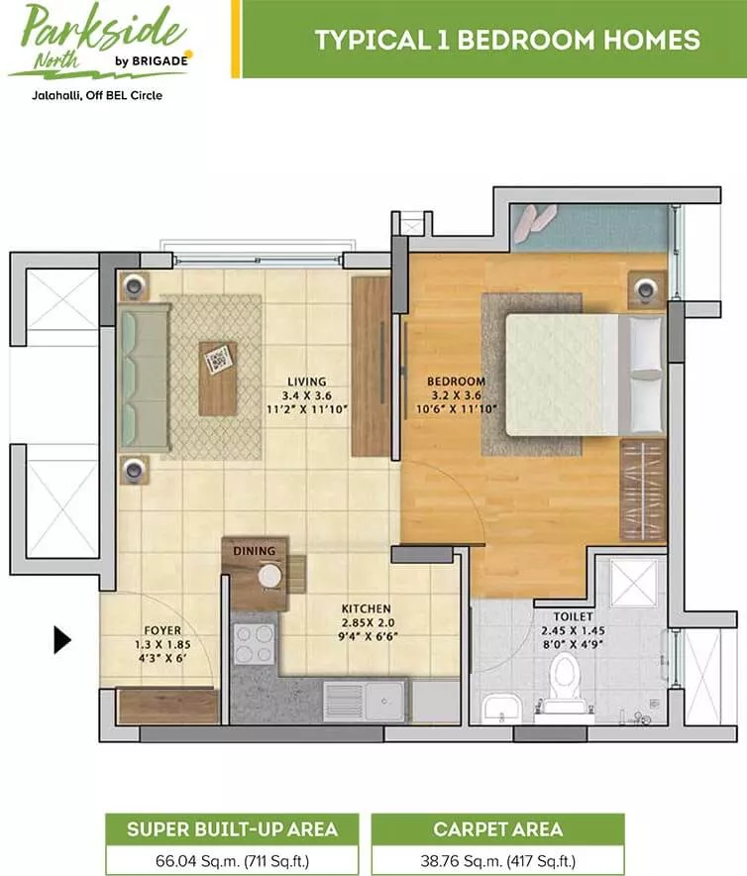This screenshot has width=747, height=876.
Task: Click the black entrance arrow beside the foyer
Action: (61, 640)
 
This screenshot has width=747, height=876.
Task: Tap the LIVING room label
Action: (307, 382)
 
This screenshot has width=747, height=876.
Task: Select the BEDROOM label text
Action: (456, 381)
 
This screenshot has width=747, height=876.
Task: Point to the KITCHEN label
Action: (366, 608)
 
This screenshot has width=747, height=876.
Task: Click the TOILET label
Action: (573, 616)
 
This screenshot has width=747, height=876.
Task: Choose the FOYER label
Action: (162, 631)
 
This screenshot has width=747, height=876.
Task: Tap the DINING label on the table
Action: (255, 551)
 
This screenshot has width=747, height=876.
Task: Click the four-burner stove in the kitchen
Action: (255, 643)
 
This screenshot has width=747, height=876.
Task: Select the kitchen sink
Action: (365, 701)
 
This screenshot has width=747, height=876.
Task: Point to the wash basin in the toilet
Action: (501, 709)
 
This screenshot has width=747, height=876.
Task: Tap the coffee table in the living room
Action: (217, 379)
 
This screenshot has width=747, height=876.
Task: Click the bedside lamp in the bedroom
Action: (646, 289)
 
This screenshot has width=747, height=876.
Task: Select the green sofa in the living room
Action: (144, 378)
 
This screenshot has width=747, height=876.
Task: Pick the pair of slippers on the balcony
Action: (534, 222)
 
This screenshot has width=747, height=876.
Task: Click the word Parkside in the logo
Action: (103, 28)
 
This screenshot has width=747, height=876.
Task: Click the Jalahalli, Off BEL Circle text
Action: (97, 95)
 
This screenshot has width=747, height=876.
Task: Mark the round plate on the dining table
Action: (269, 576)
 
